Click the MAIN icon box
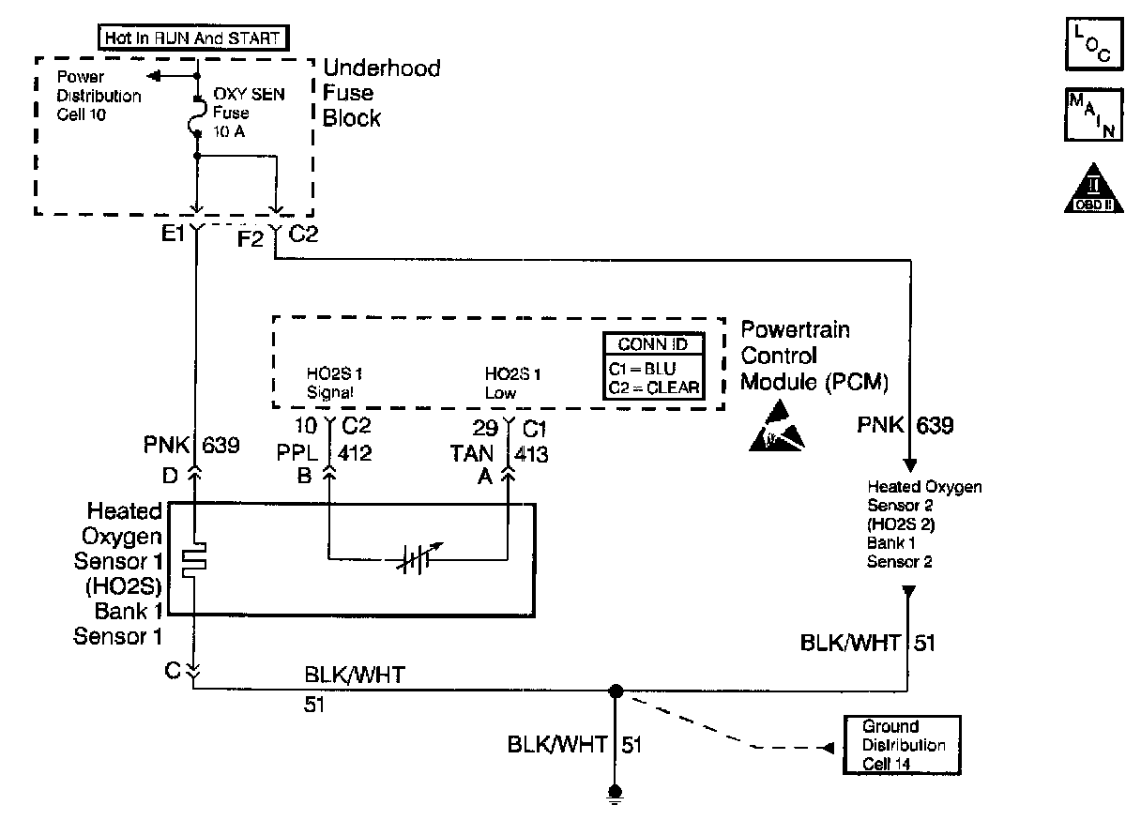1093,114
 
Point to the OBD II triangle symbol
1092,192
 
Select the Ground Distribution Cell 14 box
901,745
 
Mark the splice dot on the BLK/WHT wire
615,691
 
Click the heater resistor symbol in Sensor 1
195,560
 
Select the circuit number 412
354,453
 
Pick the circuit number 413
531,454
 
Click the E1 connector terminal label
173,235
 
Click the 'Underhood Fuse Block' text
380,93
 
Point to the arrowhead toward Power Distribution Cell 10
154,75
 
